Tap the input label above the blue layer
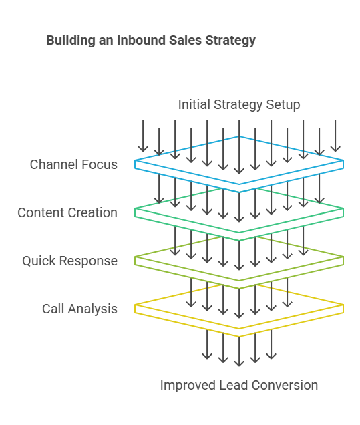pyautogui.click(x=239, y=105)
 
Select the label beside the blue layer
pyautogui.click(x=74, y=164)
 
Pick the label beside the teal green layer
pyautogui.click(x=67, y=213)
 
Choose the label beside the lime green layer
pyautogui.click(x=69, y=261)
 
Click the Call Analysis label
pyautogui.click(x=79, y=309)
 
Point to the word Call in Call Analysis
pyautogui.click(x=51, y=309)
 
